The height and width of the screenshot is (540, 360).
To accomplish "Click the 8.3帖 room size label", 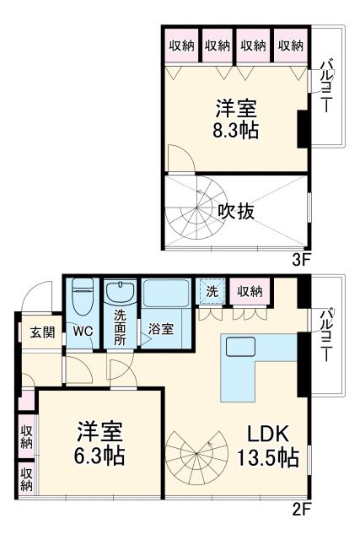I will [236, 131].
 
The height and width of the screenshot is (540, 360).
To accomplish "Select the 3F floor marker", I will [303, 259].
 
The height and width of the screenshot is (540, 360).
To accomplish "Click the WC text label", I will [83, 331].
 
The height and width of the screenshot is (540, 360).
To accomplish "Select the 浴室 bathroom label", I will [162, 329].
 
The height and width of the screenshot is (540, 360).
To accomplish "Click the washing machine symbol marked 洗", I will [211, 292].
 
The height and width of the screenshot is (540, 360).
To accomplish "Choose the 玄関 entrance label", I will [42, 332].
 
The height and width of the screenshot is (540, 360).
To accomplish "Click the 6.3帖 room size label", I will [99, 456].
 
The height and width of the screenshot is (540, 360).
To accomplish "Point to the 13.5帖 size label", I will [271, 458].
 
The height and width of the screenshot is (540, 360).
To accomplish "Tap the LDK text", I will [268, 435].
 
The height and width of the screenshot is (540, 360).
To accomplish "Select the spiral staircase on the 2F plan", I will [196, 456].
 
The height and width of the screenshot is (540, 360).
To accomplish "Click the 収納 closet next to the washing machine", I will [249, 291].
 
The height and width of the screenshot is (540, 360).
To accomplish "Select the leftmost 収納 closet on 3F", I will [179, 46].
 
